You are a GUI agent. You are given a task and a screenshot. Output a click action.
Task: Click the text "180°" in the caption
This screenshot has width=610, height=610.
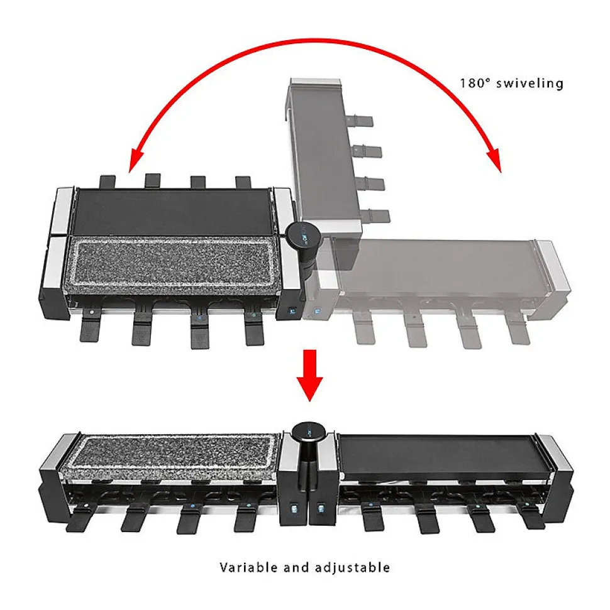(x=474, y=84)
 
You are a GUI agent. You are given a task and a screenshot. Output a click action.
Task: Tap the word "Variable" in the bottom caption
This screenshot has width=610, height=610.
(x=248, y=567)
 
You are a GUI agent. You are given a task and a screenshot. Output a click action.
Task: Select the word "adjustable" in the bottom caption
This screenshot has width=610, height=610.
(x=352, y=568)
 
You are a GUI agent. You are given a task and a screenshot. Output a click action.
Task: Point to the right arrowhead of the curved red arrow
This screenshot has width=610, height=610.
(x=494, y=160)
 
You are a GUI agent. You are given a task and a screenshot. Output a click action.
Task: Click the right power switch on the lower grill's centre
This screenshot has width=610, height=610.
(x=321, y=508)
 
